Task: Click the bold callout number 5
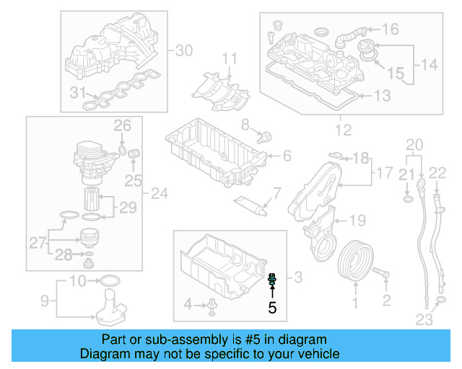pyautogui.click(x=272, y=308)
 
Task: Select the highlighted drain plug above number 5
pyautogui.click(x=272, y=280)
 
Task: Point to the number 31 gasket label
pyautogui.click(x=77, y=92)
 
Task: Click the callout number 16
pyautogui.click(x=390, y=30)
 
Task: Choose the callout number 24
pyautogui.click(x=160, y=193)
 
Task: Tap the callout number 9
pyautogui.click(x=43, y=300)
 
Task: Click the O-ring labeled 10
pyautogui.click(x=109, y=280)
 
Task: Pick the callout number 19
pyautogui.click(x=359, y=220)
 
